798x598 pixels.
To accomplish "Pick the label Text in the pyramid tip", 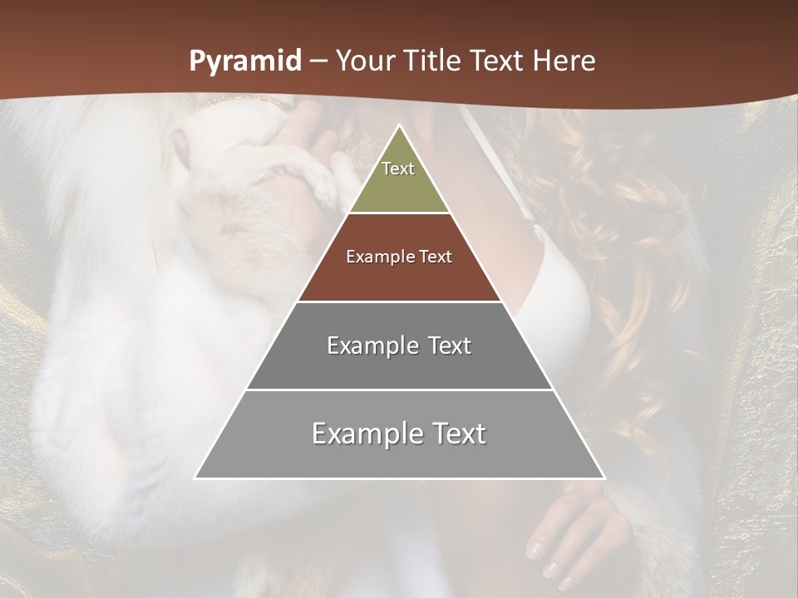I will point(398,169).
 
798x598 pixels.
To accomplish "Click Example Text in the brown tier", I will point(399,257).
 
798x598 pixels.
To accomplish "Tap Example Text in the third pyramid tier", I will point(399,346).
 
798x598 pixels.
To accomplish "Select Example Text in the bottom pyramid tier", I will point(399,434).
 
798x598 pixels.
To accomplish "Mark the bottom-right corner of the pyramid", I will point(603,478).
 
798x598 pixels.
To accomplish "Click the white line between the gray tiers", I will point(399,390).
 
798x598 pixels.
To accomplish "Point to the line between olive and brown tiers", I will point(399,213).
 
